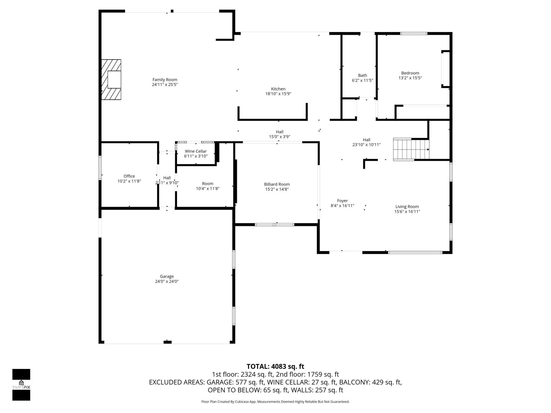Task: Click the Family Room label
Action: point(165,80)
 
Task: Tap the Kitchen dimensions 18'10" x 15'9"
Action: point(278,94)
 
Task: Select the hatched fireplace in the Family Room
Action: point(111,79)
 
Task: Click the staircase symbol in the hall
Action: point(411,149)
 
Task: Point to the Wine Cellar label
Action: point(196,151)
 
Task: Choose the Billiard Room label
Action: point(277,184)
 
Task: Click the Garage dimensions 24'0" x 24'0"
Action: point(167,281)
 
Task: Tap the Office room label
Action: point(129,176)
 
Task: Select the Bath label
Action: point(362,75)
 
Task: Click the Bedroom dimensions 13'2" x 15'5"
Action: point(410,78)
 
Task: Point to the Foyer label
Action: point(342,201)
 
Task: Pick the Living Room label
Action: point(407,206)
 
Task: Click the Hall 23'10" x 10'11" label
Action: point(366,142)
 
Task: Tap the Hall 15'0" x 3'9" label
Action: point(280,134)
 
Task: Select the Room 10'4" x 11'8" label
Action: point(207,186)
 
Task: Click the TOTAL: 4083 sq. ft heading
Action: point(275,366)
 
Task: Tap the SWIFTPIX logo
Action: point(21,385)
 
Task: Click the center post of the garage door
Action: point(167,342)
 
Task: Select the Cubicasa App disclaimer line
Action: point(275,402)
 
